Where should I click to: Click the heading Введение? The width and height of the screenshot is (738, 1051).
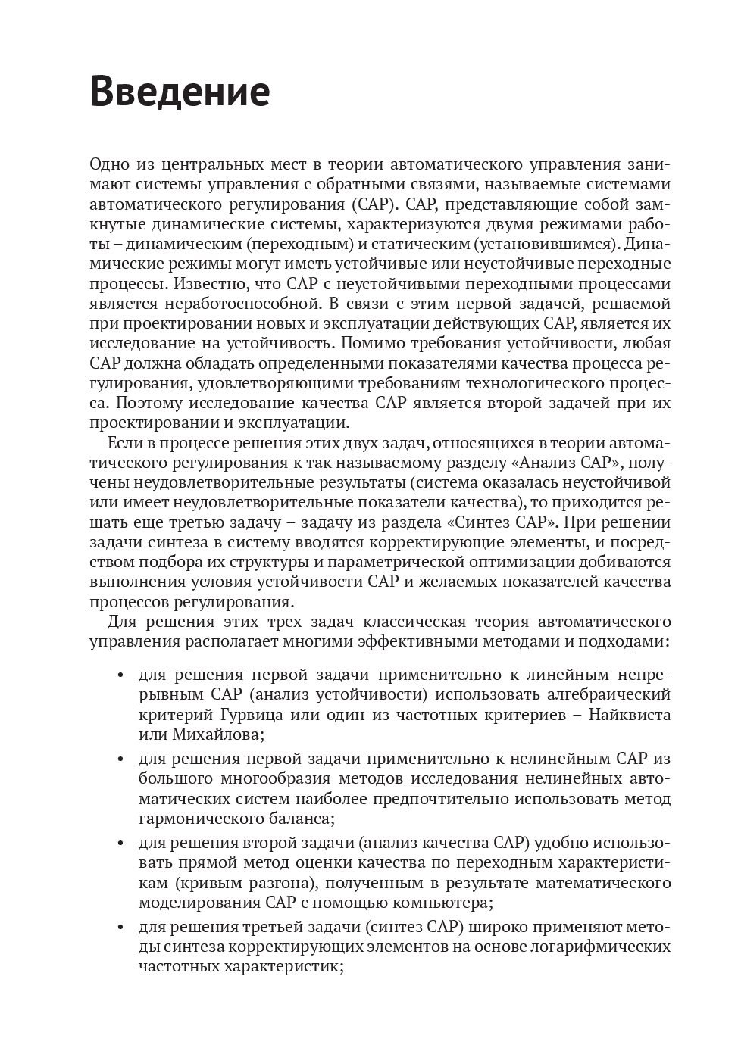pos(180,92)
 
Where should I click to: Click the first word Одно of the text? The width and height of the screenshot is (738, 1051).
pos(109,164)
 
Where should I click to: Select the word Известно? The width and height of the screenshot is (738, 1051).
pos(205,284)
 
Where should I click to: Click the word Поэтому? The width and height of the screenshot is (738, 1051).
pos(132,403)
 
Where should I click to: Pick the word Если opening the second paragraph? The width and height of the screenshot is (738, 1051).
pos(122,442)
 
